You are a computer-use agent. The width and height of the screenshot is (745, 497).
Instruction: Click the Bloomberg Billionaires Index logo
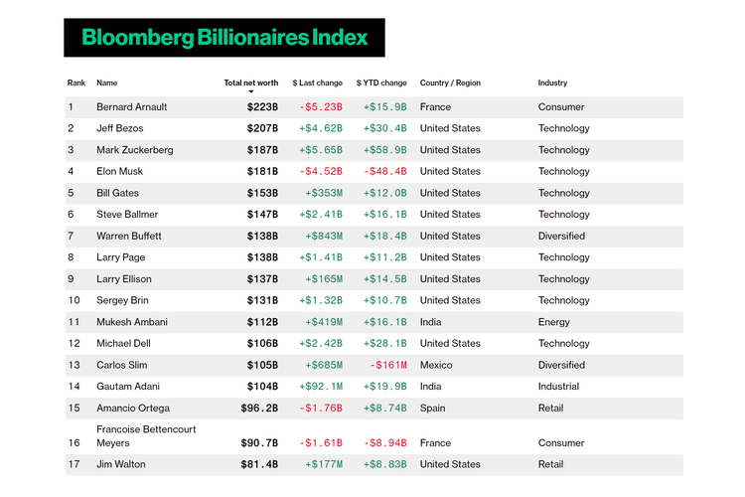(224, 38)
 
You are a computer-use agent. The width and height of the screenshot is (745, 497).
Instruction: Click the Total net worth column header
(251, 83)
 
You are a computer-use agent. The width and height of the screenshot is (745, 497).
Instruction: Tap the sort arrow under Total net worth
(251, 91)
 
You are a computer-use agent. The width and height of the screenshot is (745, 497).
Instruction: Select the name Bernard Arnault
(131, 107)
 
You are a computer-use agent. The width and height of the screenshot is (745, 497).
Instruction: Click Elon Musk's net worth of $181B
(262, 172)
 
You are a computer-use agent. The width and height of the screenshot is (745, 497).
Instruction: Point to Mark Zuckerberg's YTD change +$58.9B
(384, 150)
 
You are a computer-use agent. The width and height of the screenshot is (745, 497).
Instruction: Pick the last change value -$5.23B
(321, 107)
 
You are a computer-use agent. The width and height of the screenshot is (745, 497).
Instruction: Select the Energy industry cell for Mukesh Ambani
(554, 322)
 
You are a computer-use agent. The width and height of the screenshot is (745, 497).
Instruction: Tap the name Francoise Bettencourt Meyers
(146, 435)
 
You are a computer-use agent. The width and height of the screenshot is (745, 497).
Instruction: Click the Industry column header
(553, 83)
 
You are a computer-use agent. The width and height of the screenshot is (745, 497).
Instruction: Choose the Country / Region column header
(450, 83)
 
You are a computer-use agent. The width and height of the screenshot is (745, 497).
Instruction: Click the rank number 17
(73, 464)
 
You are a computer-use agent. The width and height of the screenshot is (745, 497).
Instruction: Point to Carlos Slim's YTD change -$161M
(388, 365)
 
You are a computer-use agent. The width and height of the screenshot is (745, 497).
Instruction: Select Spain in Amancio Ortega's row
(433, 409)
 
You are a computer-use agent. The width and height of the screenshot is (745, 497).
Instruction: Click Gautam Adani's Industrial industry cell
(558, 387)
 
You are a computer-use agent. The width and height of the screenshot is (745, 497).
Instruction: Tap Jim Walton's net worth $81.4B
(258, 464)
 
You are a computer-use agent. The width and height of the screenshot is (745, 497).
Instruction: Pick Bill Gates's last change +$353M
(324, 193)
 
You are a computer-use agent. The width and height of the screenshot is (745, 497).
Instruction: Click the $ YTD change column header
(381, 83)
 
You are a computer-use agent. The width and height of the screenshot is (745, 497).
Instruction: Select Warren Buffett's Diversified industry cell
(561, 237)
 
